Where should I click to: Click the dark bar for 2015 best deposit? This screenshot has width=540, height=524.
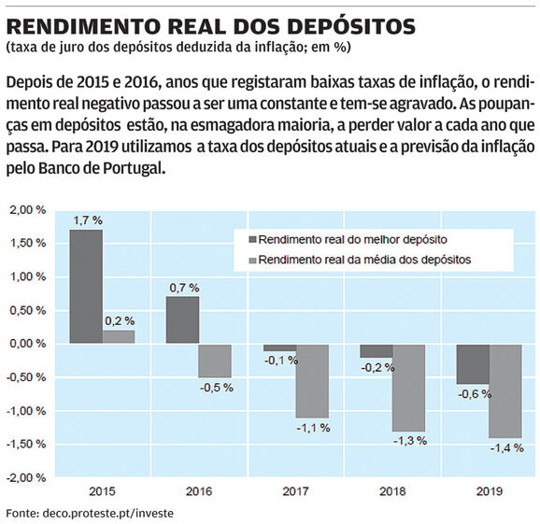pos(86,287)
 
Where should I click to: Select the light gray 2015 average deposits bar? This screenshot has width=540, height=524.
pos(119,336)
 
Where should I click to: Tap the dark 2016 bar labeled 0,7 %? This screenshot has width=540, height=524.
pos(182,319)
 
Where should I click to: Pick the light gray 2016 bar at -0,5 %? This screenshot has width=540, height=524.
pos(215,361)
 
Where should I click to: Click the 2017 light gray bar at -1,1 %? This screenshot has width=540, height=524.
pos(313,381)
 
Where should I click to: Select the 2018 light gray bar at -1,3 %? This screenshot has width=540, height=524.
pos(409,388)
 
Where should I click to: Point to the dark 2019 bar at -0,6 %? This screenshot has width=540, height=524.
pos(473,364)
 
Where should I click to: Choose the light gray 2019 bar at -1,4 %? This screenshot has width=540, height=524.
pos(505,391)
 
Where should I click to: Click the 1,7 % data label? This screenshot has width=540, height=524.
pos(88,220)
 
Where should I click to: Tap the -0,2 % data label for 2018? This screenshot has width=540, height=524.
pos(377,368)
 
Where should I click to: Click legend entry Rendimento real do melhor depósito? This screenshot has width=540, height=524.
pos(348,240)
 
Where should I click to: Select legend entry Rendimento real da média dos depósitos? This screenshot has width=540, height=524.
pos(361,260)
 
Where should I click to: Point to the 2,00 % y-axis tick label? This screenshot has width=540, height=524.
pos(28,210)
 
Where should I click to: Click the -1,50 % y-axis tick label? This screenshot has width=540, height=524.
pos(26,444)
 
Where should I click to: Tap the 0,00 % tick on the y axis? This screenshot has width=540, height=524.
pos(28,344)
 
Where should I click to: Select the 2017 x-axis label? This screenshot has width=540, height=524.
pos(296,491)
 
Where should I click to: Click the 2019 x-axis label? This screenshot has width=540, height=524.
pos(490,491)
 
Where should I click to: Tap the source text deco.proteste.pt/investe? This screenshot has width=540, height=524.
pos(107,514)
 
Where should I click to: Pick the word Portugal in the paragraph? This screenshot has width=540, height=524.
pos(133,168)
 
